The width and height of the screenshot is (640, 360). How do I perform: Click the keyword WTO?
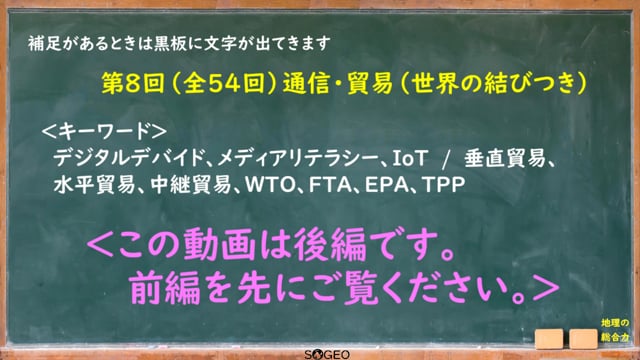(269, 184)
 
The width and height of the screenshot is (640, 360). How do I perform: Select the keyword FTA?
(329, 184)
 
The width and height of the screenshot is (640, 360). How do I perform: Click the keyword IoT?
(410, 158)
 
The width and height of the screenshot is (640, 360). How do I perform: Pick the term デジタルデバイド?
(129, 158)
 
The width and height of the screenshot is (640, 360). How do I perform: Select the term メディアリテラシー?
(298, 158)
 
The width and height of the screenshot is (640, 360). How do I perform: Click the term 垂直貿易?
(504, 158)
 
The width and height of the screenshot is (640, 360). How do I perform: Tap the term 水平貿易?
(94, 184)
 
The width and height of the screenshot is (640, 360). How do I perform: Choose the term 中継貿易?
(191, 184)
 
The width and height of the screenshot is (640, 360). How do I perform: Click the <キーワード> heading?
(104, 131)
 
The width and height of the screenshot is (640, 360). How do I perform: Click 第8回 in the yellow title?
(132, 84)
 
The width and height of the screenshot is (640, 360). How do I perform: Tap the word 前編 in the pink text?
(165, 289)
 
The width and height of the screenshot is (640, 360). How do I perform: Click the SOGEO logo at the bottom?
(327, 354)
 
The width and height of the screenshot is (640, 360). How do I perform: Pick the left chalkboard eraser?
(549, 339)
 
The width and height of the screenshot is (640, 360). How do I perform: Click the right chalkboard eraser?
(583, 339)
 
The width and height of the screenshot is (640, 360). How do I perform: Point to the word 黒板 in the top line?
(171, 43)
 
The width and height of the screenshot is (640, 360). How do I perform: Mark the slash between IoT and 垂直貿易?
(446, 158)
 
